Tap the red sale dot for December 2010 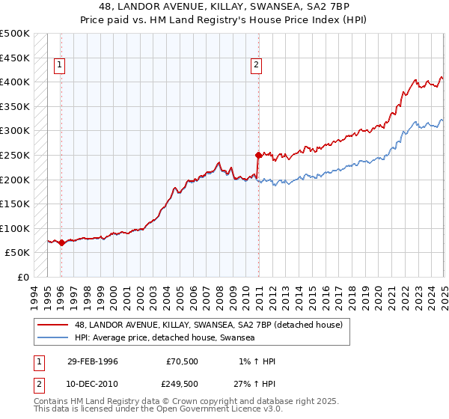[258, 155]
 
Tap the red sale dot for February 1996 [61, 242]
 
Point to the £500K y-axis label [15, 34]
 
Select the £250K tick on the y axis [15, 155]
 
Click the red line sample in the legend [53, 325]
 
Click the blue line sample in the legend [53, 338]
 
